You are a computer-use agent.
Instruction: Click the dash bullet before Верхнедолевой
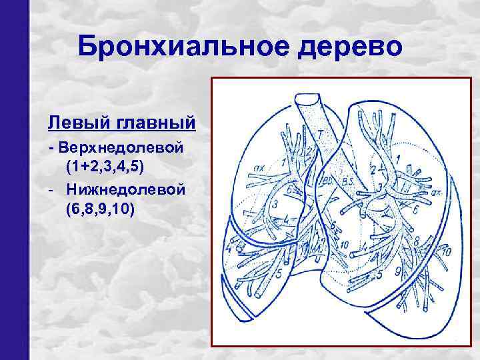50,146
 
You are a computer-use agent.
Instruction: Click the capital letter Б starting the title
87,47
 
